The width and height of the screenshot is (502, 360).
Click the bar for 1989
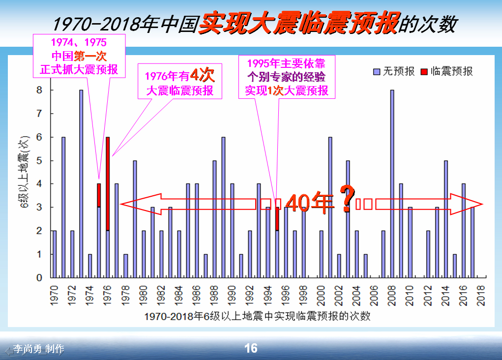pyautogui.click(x=223, y=207)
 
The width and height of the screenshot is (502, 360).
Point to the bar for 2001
pyautogui.click(x=330, y=207)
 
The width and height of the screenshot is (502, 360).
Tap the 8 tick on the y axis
pyautogui.click(x=39, y=90)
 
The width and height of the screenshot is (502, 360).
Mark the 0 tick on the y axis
pyautogui.click(x=39, y=277)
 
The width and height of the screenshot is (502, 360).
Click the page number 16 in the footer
pyautogui.click(x=251, y=348)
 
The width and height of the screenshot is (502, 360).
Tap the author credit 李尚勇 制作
pyautogui.click(x=39, y=349)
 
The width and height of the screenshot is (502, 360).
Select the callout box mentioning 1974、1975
pyautogui.click(x=79, y=56)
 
